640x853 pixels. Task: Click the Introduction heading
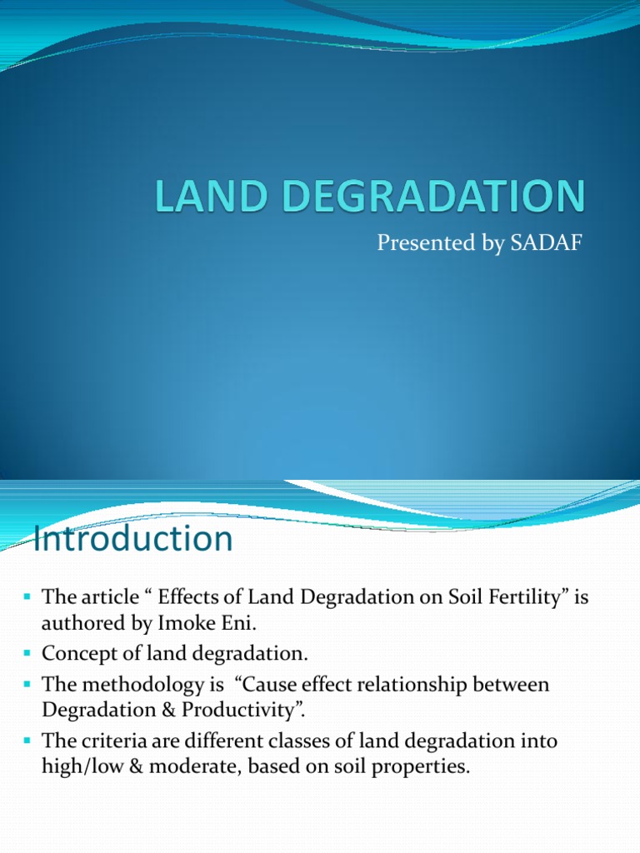[132, 539]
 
